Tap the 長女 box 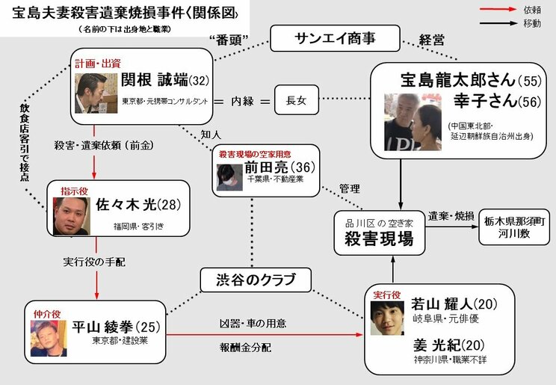tap(297, 98)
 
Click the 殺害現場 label tap(374, 238)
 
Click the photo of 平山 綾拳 tap(49, 338)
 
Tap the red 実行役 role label tap(386, 295)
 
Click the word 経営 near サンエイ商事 tap(433, 38)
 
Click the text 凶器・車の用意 tap(253, 324)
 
